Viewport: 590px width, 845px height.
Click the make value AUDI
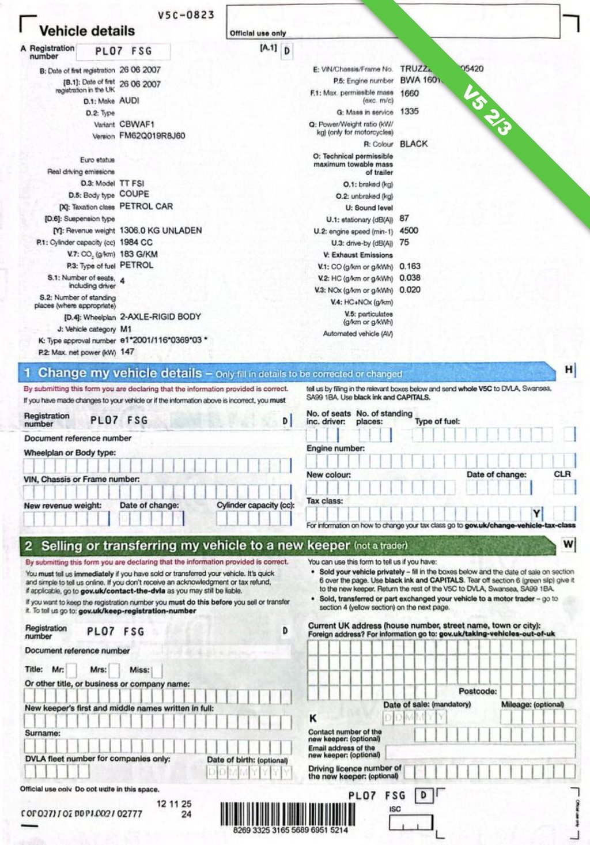click(129, 100)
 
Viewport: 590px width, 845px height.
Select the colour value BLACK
click(414, 144)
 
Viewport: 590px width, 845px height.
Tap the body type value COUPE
click(134, 194)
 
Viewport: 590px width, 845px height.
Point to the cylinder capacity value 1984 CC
click(136, 242)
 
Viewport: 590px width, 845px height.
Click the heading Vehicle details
click(87, 31)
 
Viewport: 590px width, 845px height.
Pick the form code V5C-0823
click(186, 15)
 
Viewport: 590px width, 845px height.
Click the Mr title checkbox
click(71, 670)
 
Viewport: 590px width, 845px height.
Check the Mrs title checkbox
click(114, 670)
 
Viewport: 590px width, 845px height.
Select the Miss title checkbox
click(157, 670)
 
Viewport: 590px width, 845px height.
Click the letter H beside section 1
click(569, 370)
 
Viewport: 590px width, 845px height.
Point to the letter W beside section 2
click(569, 544)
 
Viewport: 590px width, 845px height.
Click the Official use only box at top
click(393, 22)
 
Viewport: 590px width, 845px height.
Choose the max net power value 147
click(127, 352)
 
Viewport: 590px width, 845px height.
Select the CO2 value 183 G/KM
click(138, 254)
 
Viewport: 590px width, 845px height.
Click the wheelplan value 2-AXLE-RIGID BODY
click(160, 316)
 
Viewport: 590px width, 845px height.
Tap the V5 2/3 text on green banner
click(488, 111)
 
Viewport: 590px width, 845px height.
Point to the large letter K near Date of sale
click(313, 718)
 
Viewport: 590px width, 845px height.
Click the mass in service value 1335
click(409, 111)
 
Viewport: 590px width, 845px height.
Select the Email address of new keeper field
click(480, 751)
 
